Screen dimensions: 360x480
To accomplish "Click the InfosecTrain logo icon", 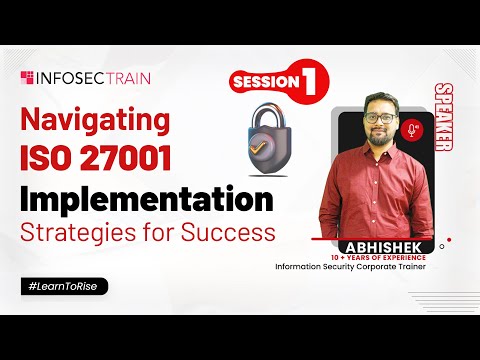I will pyautogui.click(x=27, y=75).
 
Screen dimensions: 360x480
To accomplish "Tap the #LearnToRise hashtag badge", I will pyautogui.click(x=62, y=286).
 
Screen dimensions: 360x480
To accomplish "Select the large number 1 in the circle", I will pyautogui.click(x=310, y=83).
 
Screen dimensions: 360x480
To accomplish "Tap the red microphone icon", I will pyautogui.click(x=412, y=131).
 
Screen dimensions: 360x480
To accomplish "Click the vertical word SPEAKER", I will pyautogui.click(x=442, y=125).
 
